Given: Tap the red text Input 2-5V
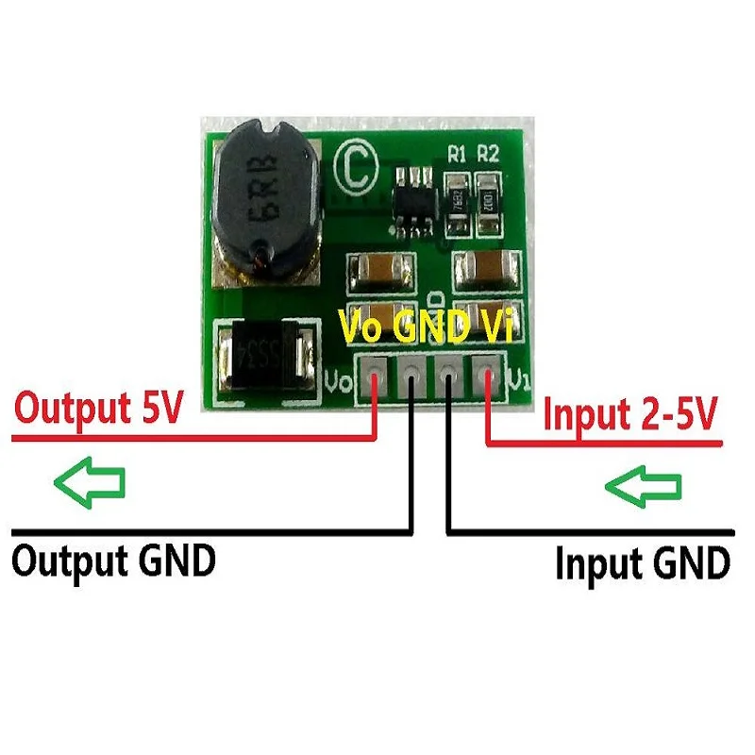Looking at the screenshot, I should [630, 414].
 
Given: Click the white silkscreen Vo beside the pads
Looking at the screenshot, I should [335, 383].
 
